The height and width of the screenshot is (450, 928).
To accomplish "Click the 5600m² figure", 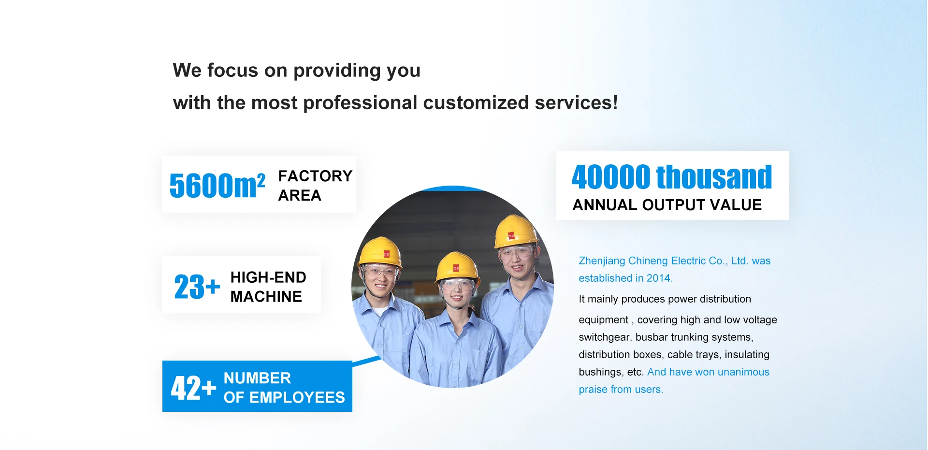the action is coord(217,185).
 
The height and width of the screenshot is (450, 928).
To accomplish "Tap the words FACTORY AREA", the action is coord(315,186).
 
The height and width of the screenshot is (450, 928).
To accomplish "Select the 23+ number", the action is coord(197,287).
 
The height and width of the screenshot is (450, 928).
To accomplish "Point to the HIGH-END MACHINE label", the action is coord(268,287).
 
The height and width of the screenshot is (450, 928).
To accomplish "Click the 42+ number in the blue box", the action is coord(193,388).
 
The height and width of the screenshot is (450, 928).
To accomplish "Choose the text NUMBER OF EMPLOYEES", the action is coord(284,388).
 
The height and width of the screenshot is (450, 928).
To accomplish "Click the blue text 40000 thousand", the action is coord(672,177).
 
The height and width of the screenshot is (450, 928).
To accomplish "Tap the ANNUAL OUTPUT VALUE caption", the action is coord(667,205).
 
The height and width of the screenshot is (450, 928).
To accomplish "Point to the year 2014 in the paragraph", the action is coord(658,278).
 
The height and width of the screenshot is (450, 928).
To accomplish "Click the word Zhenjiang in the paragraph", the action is coord(602,261).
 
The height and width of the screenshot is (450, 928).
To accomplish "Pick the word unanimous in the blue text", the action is coord(743,372).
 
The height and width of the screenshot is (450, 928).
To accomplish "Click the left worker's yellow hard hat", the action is coord(380,252).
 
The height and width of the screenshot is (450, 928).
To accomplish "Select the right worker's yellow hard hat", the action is coord(516,231).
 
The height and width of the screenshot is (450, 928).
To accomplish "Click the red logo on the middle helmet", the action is coord(456,268).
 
